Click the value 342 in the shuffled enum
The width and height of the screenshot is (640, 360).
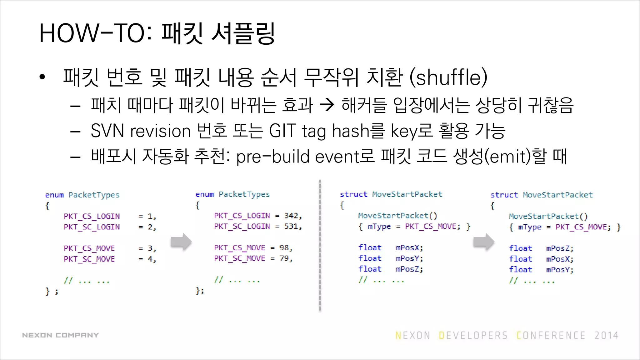pyautogui.click(x=291, y=216)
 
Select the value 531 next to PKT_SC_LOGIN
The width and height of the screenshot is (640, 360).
pyautogui.click(x=291, y=226)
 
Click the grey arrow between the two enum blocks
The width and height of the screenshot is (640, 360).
pyautogui.click(x=181, y=242)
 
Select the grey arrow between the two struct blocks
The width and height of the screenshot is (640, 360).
pyautogui.click(x=483, y=242)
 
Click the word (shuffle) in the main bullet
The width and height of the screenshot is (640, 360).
pyautogui.click(x=448, y=77)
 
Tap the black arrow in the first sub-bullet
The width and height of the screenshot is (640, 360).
pyautogui.click(x=327, y=105)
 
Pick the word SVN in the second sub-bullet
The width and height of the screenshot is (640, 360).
pyautogui.click(x=107, y=131)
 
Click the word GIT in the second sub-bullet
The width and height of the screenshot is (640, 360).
pyautogui.click(x=282, y=131)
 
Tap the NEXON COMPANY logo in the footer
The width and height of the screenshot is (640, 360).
pyautogui.click(x=60, y=335)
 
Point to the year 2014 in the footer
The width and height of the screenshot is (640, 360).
pyautogui.click(x=606, y=336)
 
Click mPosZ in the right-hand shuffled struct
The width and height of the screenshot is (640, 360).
pyautogui.click(x=560, y=248)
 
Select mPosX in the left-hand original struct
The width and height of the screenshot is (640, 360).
pyautogui.click(x=409, y=248)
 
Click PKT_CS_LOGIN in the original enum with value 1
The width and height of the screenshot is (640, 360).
pyautogui.click(x=92, y=216)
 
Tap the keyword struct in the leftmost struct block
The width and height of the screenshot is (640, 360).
pyautogui.click(x=353, y=194)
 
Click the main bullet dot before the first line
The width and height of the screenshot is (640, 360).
pyautogui.click(x=42, y=77)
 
